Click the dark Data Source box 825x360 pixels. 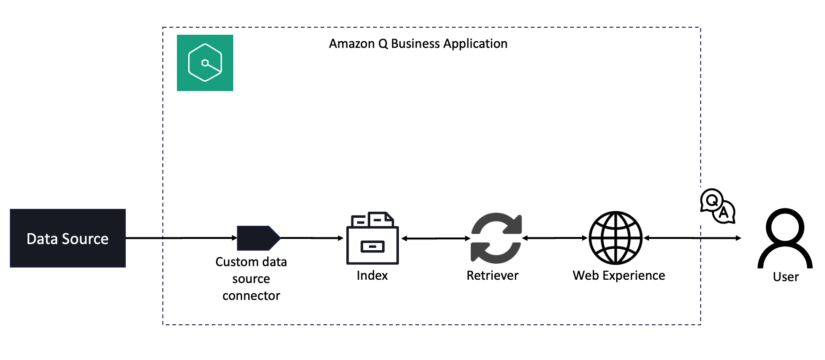[68, 238]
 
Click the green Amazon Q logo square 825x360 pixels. [205, 63]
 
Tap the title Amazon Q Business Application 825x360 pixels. [418, 44]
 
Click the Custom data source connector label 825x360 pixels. [251, 278]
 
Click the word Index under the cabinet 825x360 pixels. [372, 276]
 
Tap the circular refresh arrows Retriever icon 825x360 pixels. [496, 238]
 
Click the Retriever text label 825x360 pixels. [492, 276]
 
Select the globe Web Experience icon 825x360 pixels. [615, 238]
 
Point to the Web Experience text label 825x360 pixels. [619, 276]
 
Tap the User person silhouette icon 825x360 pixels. [785, 238]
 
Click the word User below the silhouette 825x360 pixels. [786, 277]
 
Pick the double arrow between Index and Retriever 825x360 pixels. [435, 238]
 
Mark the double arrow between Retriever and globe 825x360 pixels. [555, 238]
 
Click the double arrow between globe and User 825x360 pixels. [693, 238]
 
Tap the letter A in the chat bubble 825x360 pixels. [724, 213]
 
